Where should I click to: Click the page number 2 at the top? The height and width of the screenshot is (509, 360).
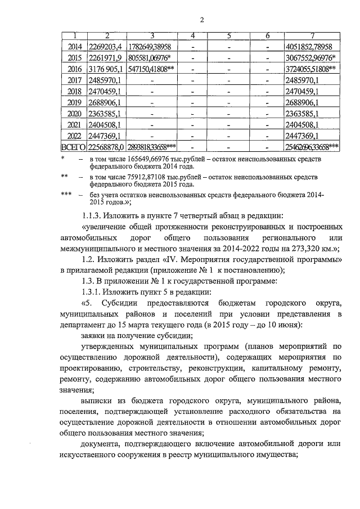[x=201, y=21]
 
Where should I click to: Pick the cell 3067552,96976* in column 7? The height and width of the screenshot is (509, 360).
[x=311, y=58]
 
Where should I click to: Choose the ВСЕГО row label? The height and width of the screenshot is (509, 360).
[x=73, y=147]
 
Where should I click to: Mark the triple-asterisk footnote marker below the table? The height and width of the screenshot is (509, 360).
[x=65, y=195]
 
